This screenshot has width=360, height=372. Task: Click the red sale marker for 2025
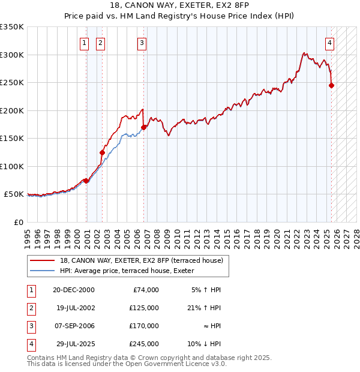point(331,85)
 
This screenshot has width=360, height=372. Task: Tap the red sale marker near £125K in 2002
point(102,152)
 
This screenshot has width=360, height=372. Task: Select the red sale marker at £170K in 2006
point(144,127)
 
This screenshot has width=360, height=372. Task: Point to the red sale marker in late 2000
point(86,181)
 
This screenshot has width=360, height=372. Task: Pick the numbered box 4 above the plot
point(330,43)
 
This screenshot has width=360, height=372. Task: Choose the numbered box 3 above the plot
point(142,43)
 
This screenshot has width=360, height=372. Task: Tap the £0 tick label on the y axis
point(18,222)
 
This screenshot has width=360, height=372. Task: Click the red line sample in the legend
point(43,260)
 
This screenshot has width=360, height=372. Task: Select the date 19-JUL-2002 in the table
point(73,308)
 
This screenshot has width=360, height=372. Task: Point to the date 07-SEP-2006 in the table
point(74,326)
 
